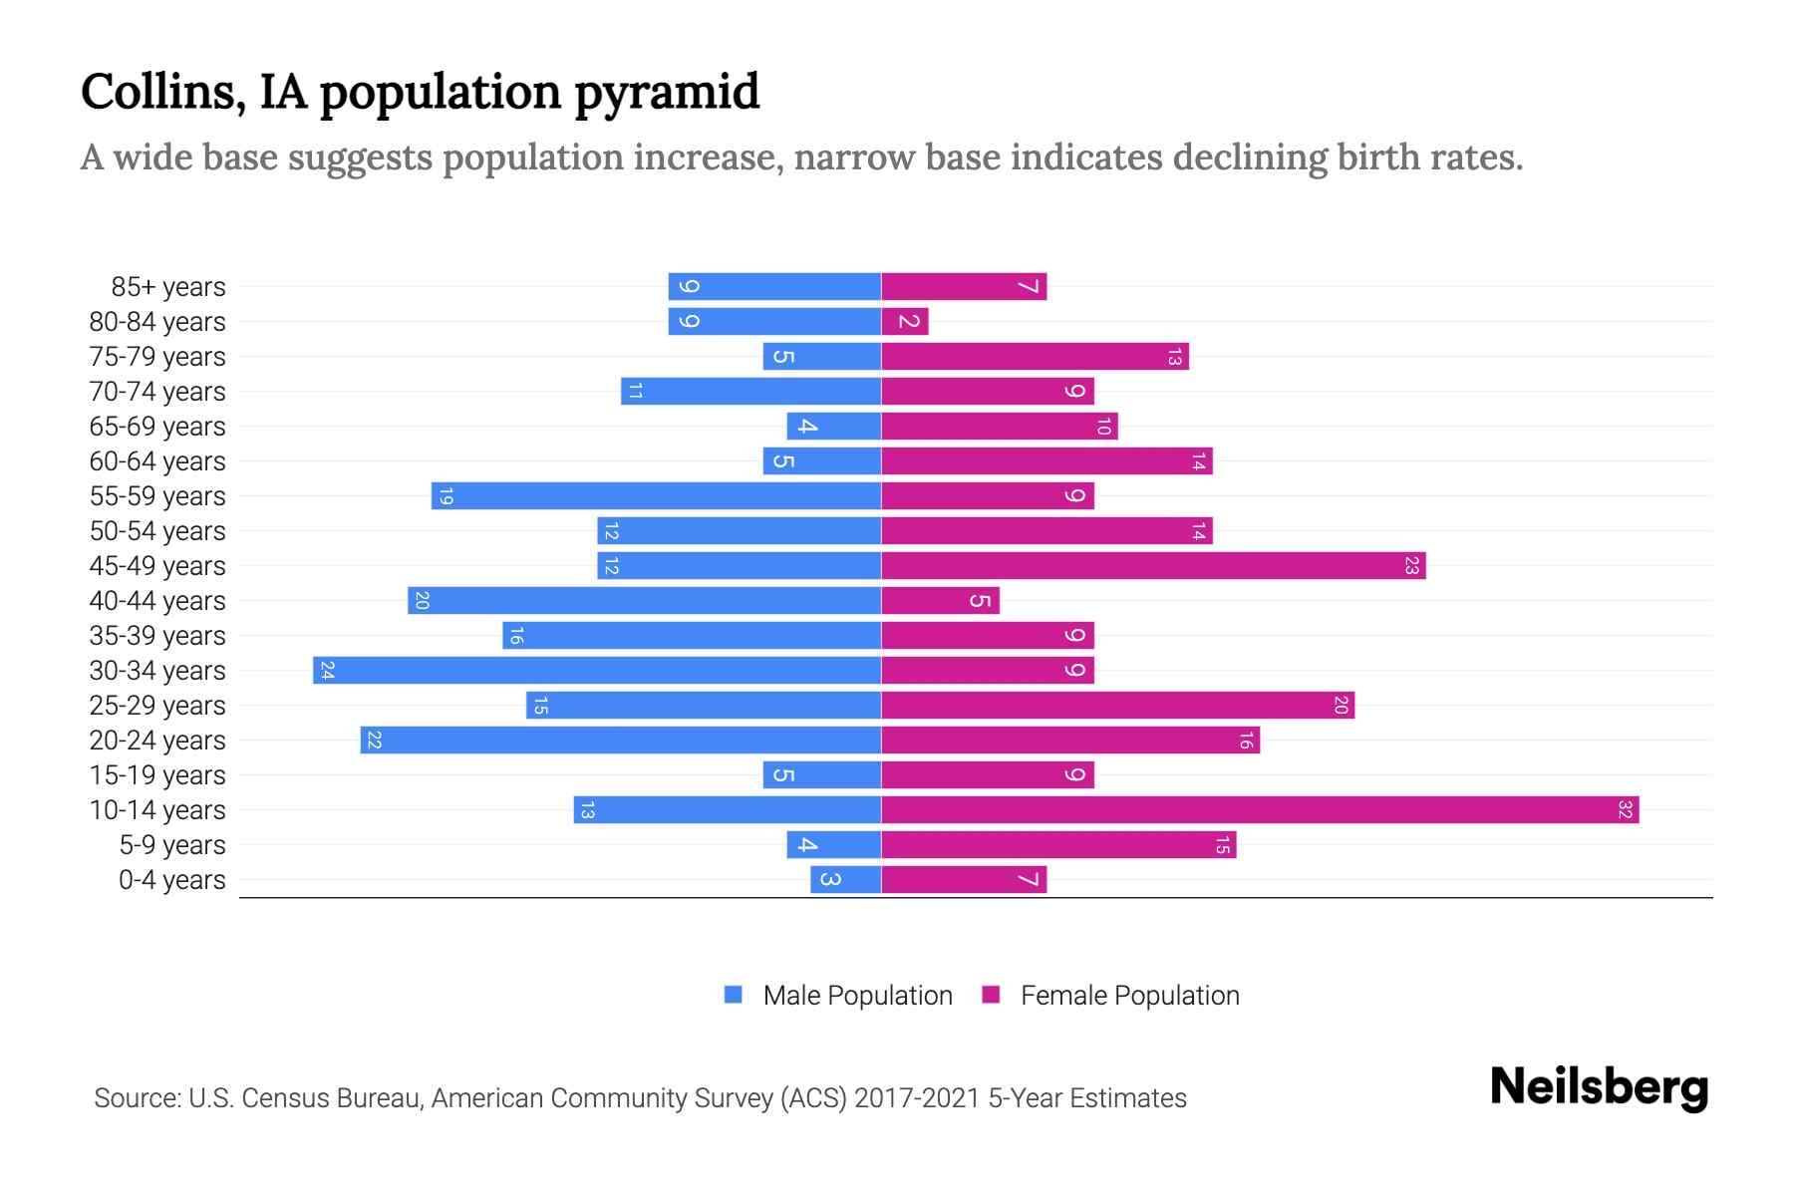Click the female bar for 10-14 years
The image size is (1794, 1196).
[x=1260, y=809]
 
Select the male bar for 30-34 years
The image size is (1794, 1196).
[x=596, y=670]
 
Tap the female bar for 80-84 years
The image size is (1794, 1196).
[x=905, y=321]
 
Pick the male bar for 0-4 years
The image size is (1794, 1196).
[x=845, y=879]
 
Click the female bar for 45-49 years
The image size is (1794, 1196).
[x=1153, y=565]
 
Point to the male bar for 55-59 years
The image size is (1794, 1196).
[x=656, y=495]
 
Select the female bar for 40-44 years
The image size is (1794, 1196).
[x=940, y=600]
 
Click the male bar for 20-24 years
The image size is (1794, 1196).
[x=620, y=740]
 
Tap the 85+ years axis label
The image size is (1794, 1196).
[x=167, y=286]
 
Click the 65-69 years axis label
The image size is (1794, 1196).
[x=157, y=426]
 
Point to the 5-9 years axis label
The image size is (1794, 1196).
[x=171, y=844]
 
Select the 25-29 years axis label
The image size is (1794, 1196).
[x=157, y=705]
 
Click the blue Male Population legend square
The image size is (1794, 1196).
[x=734, y=995]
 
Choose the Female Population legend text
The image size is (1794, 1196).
[x=1129, y=995]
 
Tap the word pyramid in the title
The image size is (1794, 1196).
[x=667, y=92]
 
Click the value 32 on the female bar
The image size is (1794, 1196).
[x=1625, y=809]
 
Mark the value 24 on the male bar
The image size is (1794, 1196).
[x=327, y=670]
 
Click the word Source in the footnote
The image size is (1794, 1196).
[x=137, y=1097]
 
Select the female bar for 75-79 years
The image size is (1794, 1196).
[x=1035, y=356]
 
